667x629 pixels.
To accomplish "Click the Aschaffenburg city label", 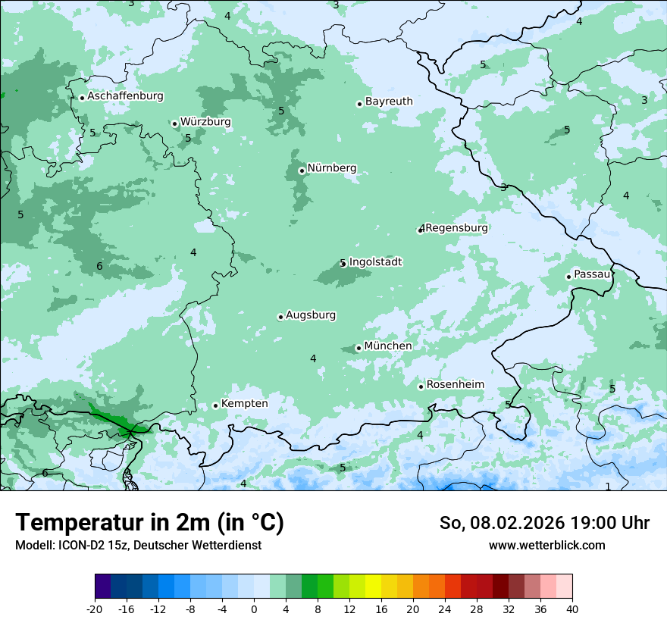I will pyautogui.click(x=125, y=96).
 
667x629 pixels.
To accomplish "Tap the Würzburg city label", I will pyautogui.click(x=205, y=122).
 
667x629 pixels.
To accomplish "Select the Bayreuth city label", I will pyautogui.click(x=389, y=102).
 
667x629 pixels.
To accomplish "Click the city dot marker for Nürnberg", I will pyautogui.click(x=302, y=171).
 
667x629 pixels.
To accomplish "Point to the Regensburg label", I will pyautogui.click(x=456, y=228).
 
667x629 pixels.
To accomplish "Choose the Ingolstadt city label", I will pyautogui.click(x=375, y=262).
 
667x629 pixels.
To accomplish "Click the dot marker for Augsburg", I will pyautogui.click(x=280, y=317).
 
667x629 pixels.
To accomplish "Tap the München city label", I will pyautogui.click(x=388, y=346).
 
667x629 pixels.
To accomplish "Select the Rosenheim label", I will pyautogui.click(x=455, y=385).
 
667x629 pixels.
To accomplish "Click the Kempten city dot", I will pyautogui.click(x=215, y=405).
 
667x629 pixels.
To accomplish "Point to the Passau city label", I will pyautogui.click(x=592, y=274).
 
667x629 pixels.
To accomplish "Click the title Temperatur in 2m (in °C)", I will pyautogui.click(x=150, y=523).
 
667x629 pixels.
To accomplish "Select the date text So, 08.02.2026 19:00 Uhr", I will pyautogui.click(x=544, y=523).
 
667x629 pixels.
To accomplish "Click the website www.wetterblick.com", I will pyautogui.click(x=546, y=546).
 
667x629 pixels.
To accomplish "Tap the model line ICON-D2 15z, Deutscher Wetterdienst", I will pyautogui.click(x=138, y=546).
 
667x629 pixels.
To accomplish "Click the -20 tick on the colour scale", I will pyautogui.click(x=95, y=609).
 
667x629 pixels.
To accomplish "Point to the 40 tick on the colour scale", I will pyautogui.click(x=572, y=609).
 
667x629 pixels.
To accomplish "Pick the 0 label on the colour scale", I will pyautogui.click(x=254, y=609).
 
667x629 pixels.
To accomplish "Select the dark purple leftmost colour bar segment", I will pyautogui.click(x=103, y=587).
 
